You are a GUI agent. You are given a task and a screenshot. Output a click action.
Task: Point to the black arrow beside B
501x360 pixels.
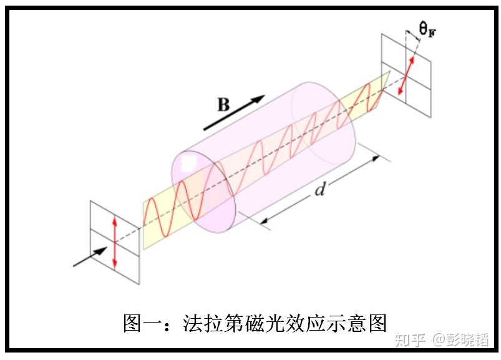point(235,112)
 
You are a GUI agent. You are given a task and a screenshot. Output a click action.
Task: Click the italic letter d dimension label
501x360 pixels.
point(319,189)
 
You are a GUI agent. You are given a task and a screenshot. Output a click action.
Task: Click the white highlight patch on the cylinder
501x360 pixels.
point(188,164)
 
